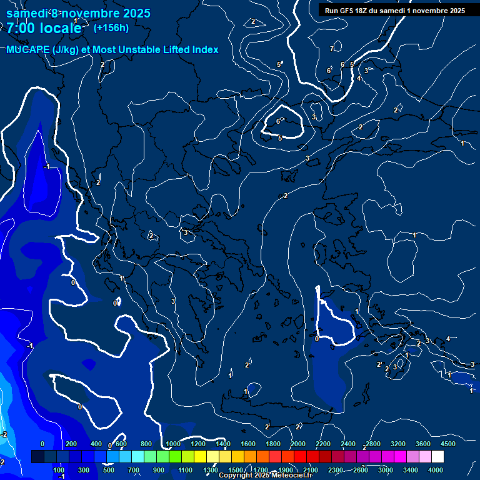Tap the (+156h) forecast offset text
point(111,27)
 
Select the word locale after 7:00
point(58,29)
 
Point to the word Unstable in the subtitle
point(150,50)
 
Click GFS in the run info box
point(347,11)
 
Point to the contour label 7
point(332,49)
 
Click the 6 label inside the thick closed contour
point(278,121)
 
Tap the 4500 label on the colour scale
point(447,444)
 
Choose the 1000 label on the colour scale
point(173,444)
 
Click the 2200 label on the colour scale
point(323,444)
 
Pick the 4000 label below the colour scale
point(436,470)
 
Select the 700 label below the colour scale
point(134,470)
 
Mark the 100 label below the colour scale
point(59,470)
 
